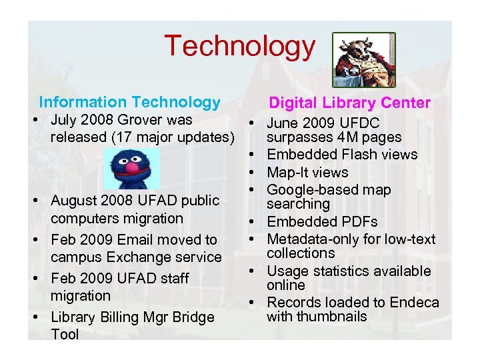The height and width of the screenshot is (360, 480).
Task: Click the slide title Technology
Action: pyautogui.click(x=239, y=46)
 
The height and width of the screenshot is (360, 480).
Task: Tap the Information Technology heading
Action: pyautogui.click(x=129, y=102)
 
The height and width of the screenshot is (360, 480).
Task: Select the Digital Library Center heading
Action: pyautogui.click(x=349, y=103)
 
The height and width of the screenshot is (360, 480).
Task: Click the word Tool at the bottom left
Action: pyautogui.click(x=65, y=334)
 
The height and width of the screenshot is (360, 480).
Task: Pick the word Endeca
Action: pyautogui.click(x=415, y=303)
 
